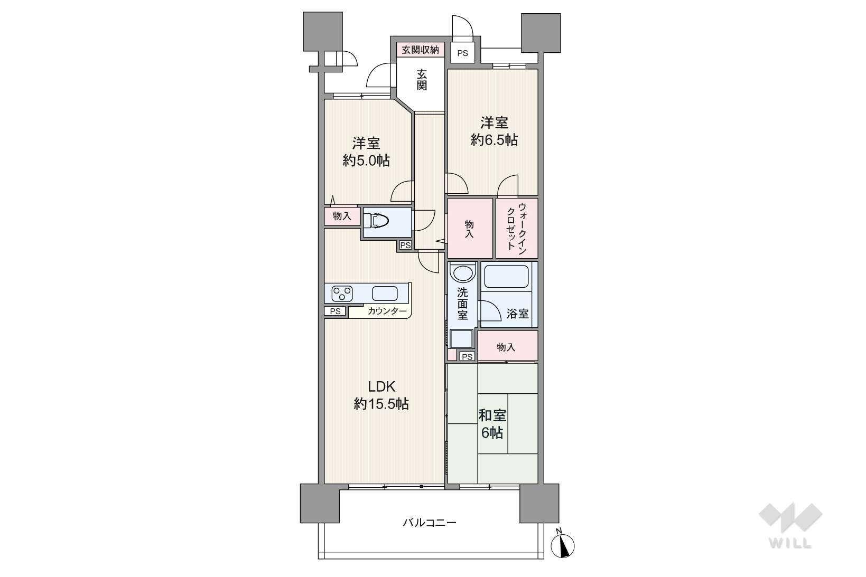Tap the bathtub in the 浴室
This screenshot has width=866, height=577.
506,276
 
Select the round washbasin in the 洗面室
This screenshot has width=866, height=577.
462,273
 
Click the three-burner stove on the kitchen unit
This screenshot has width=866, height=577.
342,294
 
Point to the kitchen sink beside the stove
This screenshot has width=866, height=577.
385,294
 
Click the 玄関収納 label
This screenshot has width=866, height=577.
420,50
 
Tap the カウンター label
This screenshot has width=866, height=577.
387,311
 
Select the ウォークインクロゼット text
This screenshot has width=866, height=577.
517,228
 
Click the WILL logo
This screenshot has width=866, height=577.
790,525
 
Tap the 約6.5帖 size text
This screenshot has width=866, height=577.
494,140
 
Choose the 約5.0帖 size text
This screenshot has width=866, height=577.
366,160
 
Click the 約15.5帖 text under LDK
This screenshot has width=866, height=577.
381,404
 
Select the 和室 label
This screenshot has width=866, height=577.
492,415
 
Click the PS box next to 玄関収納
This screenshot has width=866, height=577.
462,53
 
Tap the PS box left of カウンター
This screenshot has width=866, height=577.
335,311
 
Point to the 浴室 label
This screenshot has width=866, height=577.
518,314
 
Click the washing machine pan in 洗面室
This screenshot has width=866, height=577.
462,339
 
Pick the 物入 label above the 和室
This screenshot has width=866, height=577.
506,347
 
